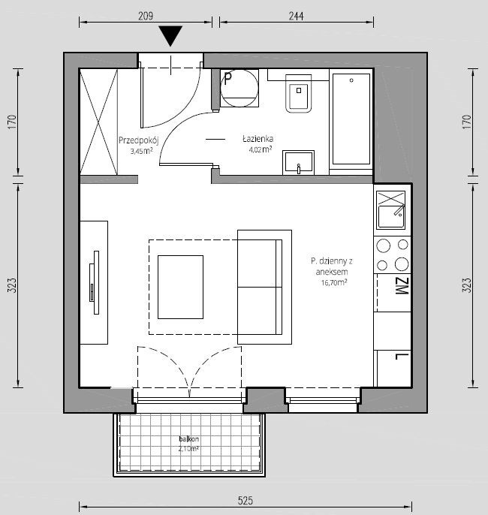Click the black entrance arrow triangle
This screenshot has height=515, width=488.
(170, 35)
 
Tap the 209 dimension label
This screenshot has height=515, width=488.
(146, 16)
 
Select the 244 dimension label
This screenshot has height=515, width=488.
(296, 16)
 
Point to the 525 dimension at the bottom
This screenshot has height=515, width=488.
(246, 501)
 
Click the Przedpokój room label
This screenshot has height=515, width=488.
(139, 140)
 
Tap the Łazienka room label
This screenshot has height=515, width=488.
(258, 139)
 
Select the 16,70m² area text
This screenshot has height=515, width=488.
(334, 282)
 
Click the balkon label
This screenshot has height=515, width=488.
(189, 438)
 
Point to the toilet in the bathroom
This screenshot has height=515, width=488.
(299, 94)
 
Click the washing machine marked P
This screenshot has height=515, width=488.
(239, 88)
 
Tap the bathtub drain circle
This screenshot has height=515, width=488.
(351, 80)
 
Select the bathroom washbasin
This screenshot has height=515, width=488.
(299, 162)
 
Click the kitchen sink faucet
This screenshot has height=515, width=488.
(399, 210)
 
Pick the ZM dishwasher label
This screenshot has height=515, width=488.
(402, 286)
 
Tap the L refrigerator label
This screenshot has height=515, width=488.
(402, 357)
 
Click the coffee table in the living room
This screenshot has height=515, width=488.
(180, 287)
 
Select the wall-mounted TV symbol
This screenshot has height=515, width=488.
(95, 282)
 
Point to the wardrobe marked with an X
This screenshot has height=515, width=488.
(99, 122)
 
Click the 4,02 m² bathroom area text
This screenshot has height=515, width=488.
(261, 150)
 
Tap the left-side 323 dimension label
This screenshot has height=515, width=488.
(11, 285)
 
